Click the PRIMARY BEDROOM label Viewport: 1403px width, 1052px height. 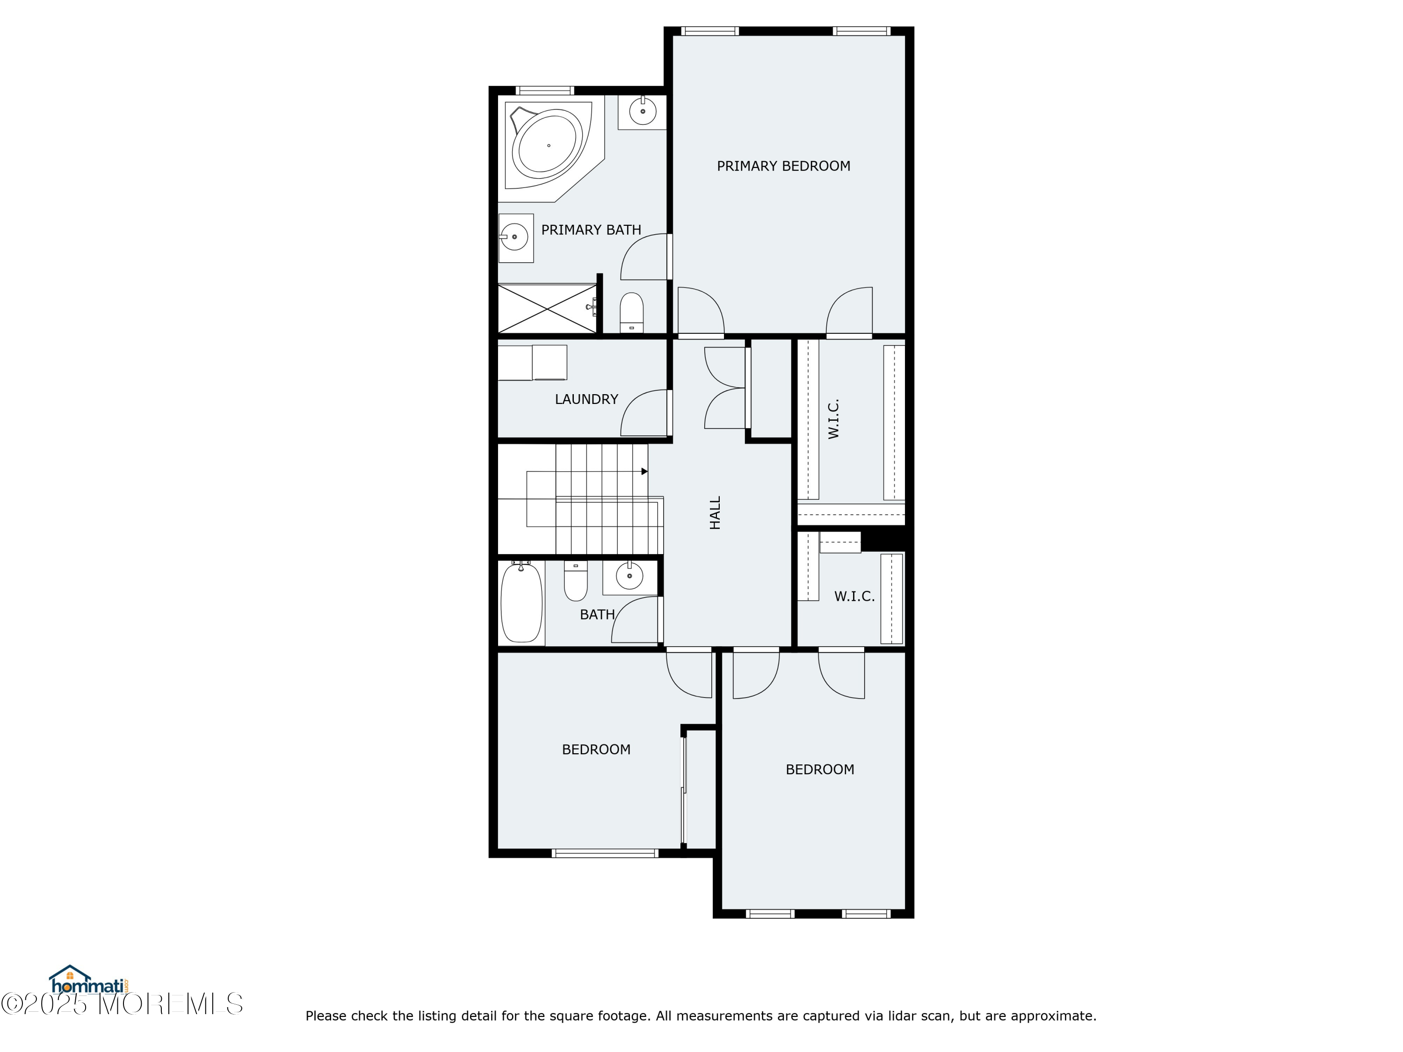(x=783, y=166)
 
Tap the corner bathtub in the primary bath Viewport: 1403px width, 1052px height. (x=547, y=145)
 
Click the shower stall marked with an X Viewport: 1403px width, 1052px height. (x=546, y=309)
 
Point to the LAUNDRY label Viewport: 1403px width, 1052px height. (x=586, y=399)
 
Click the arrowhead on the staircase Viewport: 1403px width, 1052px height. (x=644, y=471)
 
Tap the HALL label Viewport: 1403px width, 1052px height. (x=715, y=512)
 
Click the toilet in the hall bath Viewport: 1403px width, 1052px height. (x=576, y=582)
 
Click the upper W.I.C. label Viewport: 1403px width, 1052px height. (x=833, y=418)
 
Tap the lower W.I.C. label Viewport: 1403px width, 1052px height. (x=853, y=597)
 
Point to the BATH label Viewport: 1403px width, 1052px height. (x=597, y=614)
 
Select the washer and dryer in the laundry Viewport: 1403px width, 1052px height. (x=532, y=363)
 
